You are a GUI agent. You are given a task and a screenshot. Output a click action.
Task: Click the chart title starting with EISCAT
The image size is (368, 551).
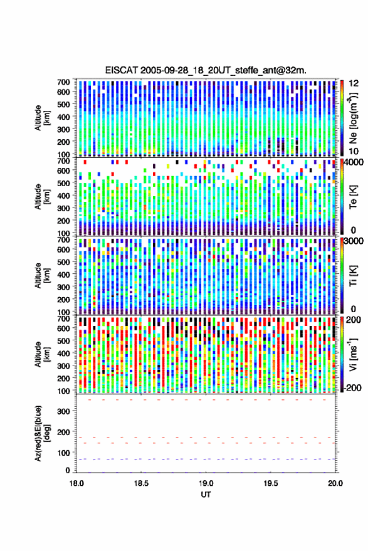pos(206,70)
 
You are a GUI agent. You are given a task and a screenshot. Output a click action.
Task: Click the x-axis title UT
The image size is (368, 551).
pos(206,495)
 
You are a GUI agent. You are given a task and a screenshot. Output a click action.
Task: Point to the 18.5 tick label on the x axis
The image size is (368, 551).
pos(141,483)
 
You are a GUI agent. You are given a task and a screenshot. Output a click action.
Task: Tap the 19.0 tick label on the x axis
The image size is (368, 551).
pos(206,483)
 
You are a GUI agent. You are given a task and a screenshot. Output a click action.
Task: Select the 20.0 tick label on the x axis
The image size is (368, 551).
pos(335,483)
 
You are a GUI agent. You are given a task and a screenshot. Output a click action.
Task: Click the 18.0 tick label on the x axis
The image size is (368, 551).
pos(76,483)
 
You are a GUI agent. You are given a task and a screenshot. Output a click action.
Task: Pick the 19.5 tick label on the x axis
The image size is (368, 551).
pos(271,483)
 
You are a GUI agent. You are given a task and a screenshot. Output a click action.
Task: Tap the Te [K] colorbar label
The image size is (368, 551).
pos(353,197)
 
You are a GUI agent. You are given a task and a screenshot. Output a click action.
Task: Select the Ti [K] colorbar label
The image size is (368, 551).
pos(353,276)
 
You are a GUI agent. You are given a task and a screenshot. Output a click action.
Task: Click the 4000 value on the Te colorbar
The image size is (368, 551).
pos(354,163)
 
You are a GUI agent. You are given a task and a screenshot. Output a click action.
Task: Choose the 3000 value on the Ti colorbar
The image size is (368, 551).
pos(354,241)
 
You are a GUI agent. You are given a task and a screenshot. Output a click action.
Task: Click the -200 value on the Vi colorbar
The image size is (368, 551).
pos(352,387)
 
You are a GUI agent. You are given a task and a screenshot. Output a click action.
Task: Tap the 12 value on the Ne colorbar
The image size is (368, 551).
pos(354,83)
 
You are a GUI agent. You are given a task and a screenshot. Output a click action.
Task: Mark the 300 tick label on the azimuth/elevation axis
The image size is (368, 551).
pos(63,411)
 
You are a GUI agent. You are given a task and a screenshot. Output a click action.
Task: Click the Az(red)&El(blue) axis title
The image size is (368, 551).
pos(41,433)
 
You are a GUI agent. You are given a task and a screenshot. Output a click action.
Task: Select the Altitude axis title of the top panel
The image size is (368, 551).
pos(41,118)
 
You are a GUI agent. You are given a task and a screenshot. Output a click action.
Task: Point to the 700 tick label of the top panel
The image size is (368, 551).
pos(63,82)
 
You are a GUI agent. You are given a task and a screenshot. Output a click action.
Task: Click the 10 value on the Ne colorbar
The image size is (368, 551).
pos(354,151)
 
